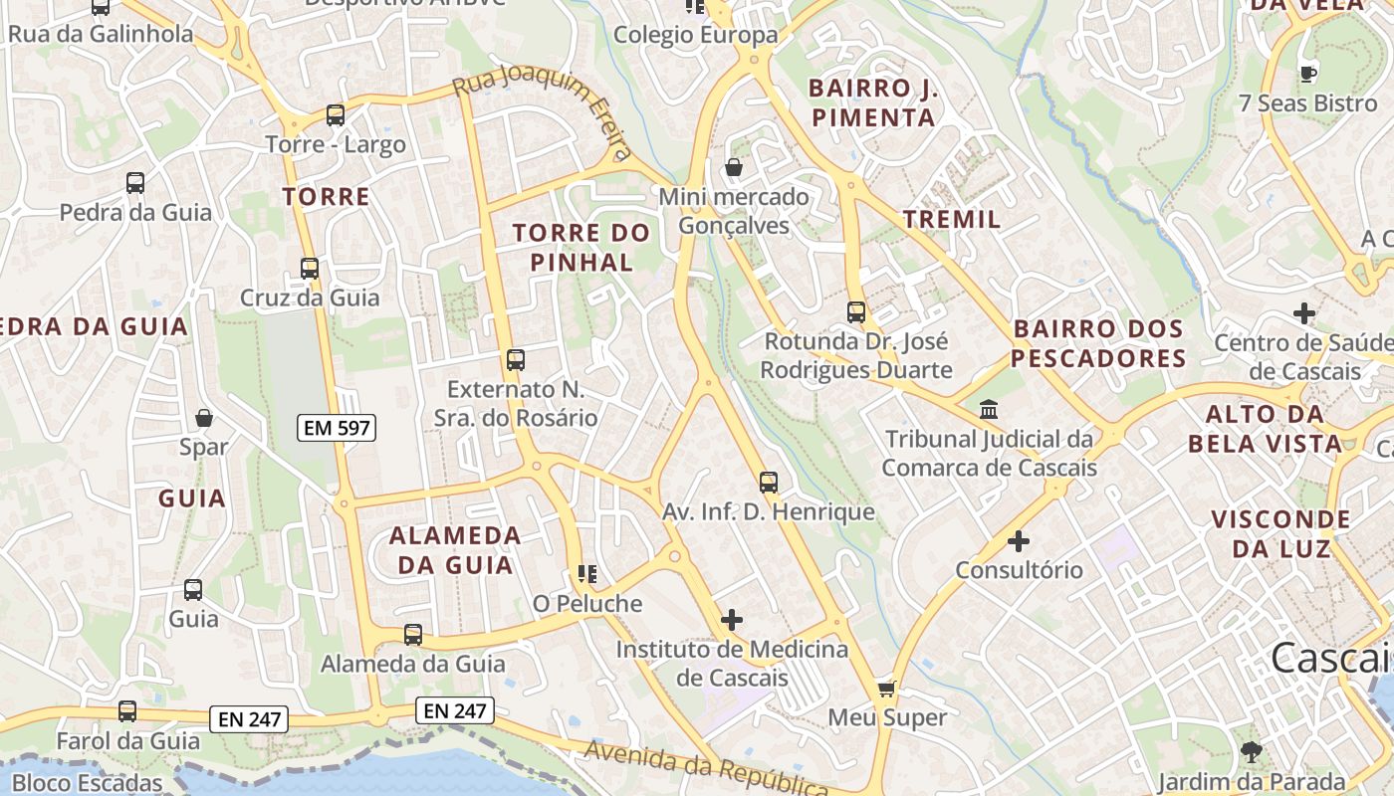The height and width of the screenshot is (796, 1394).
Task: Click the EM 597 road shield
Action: [x=338, y=429]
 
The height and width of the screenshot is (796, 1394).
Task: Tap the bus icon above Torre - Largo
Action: [x=336, y=115]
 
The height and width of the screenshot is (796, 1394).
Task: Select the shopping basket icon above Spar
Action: [x=204, y=418]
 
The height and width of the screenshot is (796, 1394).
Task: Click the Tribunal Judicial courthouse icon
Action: [x=990, y=409]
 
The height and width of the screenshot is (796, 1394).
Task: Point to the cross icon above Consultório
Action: [x=1019, y=541]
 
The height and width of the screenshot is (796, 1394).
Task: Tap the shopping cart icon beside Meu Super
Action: [x=887, y=689]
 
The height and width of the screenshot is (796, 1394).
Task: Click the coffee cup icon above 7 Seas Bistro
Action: [x=1308, y=74]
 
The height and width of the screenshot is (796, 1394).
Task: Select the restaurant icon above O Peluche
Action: [x=587, y=574]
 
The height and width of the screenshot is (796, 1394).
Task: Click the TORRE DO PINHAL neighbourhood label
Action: [x=581, y=248]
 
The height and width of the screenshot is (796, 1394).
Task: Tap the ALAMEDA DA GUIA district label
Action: [x=454, y=550]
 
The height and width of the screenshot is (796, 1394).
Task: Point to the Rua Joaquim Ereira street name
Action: [x=544, y=110]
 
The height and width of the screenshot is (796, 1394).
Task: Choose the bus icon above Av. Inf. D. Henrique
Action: [x=769, y=483]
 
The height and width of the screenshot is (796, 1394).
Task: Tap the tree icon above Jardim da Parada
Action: [x=1252, y=751]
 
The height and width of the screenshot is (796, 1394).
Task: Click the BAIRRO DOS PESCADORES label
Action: [x=1098, y=343]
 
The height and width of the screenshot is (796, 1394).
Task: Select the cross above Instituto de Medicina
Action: [x=732, y=620]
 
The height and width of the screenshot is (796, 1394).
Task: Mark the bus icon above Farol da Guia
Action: [x=127, y=711]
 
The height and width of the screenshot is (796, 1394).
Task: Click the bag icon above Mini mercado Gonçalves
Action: [x=734, y=167]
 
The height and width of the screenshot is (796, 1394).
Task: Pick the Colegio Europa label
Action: [x=695, y=35]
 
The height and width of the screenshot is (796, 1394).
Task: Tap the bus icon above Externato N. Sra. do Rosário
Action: [x=516, y=360]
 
